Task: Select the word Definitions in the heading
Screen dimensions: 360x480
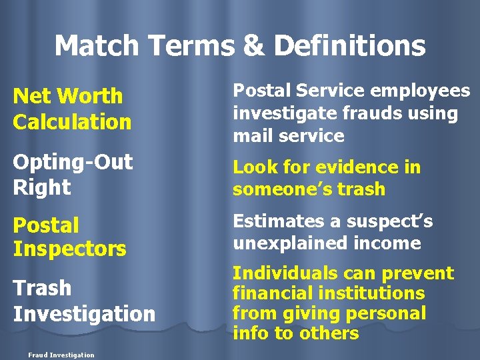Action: click(x=349, y=46)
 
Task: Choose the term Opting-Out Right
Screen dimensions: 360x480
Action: click(x=72, y=174)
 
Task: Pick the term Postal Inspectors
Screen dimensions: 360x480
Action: click(x=69, y=237)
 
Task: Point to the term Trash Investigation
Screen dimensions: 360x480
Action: click(x=83, y=301)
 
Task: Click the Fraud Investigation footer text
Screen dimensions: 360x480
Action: click(x=61, y=355)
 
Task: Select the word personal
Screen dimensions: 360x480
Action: click(x=388, y=313)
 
